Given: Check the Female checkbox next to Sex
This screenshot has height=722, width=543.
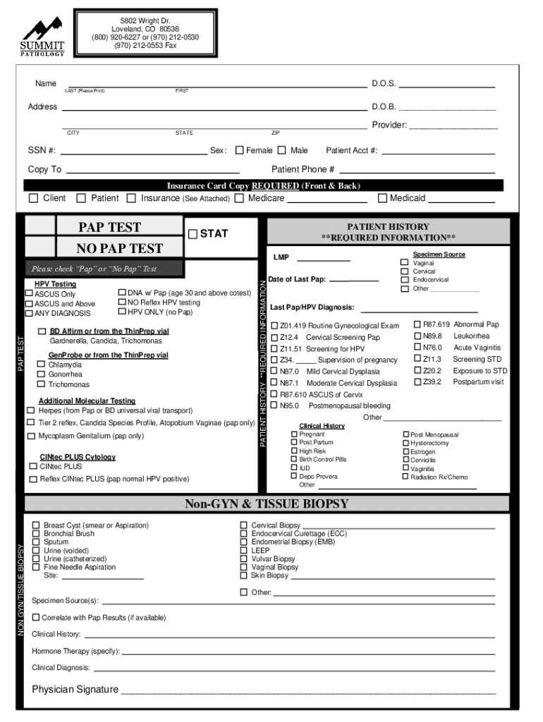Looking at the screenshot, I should pos(240,150).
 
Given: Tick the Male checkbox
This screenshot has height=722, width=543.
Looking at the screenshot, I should pos(282,150).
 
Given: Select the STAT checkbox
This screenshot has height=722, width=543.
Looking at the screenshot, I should pos(193,233).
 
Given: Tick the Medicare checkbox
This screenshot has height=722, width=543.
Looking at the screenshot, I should pos(241,198).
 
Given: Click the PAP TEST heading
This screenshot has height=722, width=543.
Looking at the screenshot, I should pos(109,227).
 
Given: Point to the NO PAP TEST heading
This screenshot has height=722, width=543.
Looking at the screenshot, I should pos(120,248).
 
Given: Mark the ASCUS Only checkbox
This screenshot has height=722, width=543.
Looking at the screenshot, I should pos(30,293).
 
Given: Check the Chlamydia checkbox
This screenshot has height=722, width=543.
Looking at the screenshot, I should pos(41,365).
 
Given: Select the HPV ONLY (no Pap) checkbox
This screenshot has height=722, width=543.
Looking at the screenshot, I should pos(123,312).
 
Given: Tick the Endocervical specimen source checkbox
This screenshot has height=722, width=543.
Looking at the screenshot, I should pos(405,280).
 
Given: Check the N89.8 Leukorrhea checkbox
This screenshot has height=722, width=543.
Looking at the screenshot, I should pos(417,336).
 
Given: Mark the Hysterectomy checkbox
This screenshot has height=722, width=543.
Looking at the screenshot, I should pos(405,443).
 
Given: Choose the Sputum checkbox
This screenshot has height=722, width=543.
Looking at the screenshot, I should pos(36,542).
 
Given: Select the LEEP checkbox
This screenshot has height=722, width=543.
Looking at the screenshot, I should pos(243,551).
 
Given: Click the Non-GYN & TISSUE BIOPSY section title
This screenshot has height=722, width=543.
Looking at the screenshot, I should pos(267,504).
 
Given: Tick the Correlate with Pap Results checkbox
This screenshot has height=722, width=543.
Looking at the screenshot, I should pos(36,618).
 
